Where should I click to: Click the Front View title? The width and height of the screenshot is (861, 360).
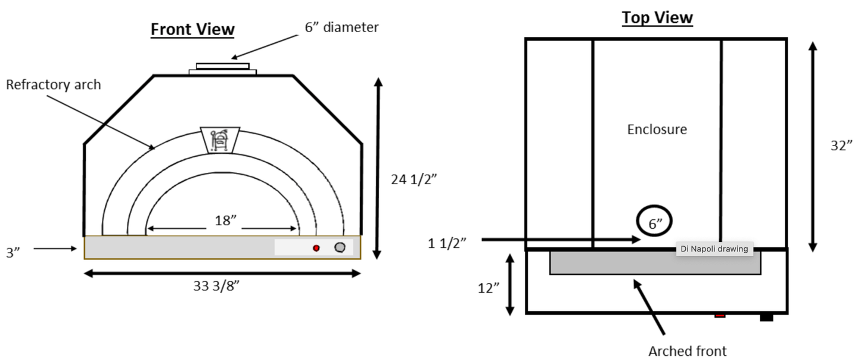coord(192,29)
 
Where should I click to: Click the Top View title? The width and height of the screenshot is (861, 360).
coord(657,18)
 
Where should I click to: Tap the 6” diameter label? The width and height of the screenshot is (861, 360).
coord(341,27)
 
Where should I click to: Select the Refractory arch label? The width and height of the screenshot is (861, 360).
coord(54,85)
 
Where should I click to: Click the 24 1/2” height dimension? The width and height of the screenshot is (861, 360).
coord(414,179)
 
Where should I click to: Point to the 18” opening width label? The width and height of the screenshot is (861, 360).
coord(226,221)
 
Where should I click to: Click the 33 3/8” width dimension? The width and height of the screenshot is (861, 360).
coord(216,286)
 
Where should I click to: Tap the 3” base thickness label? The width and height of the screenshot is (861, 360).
coord(13,252)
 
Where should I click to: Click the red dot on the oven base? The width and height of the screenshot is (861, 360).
coord(316,248)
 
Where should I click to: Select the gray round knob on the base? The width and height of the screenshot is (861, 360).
coord(340,247)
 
